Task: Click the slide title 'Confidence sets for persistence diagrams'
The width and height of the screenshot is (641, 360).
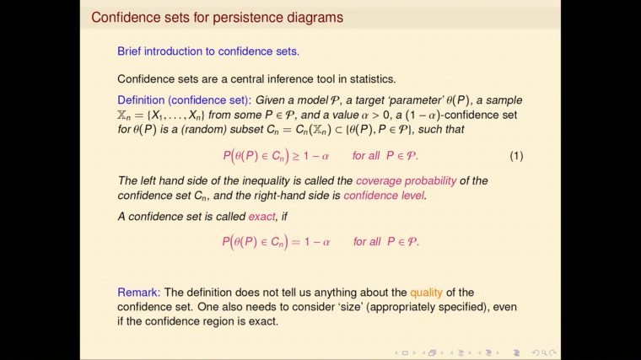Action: (217, 17)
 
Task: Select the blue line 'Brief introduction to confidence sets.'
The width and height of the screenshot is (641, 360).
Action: (208, 51)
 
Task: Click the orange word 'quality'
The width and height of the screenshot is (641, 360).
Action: (427, 293)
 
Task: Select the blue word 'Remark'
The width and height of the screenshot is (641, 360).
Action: (137, 293)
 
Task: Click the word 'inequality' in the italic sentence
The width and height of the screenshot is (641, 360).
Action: (272, 180)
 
